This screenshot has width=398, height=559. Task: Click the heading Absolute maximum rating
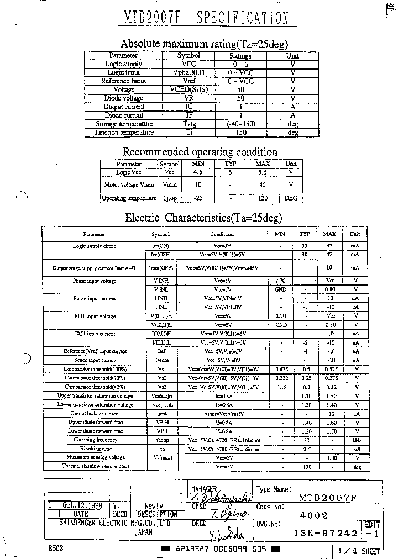pyautogui.click(x=204, y=44)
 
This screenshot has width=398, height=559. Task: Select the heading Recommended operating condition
pyautogui.click(x=200, y=151)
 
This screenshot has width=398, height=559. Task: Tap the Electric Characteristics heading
pyautogui.click(x=203, y=217)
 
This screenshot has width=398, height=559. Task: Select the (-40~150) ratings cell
pyautogui.click(x=240, y=124)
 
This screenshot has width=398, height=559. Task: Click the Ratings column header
pyautogui.click(x=240, y=56)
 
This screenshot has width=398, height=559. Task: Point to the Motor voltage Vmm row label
pyautogui.click(x=129, y=185)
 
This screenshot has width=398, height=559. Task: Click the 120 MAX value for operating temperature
pyautogui.click(x=262, y=198)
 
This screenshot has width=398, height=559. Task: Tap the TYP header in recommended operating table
pyautogui.click(x=231, y=164)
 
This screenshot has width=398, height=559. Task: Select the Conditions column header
pyautogui.click(x=222, y=234)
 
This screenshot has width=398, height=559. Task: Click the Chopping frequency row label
pyautogui.click(x=95, y=440)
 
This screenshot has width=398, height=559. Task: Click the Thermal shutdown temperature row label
pyautogui.click(x=95, y=466)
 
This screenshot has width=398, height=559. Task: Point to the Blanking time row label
pyautogui.click(x=95, y=449)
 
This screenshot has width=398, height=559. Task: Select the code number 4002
pyautogui.click(x=313, y=515)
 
